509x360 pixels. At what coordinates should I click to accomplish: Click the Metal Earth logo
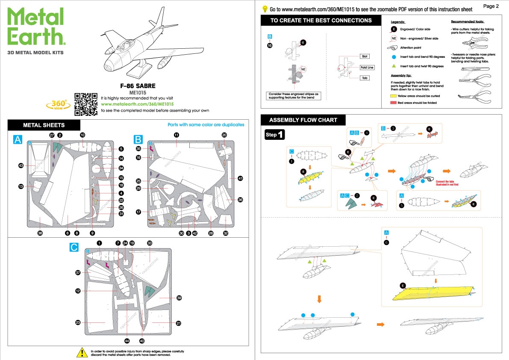pos(36,27)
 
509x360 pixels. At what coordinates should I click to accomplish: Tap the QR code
pos(86,104)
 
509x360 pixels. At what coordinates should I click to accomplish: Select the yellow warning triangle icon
pos(82,352)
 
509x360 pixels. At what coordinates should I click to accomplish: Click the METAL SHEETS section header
pos(44,125)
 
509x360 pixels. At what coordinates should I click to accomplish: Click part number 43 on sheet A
pos(21,165)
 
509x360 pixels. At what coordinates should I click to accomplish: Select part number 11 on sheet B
pos(176,135)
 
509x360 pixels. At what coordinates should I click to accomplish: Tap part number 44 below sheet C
pos(127,341)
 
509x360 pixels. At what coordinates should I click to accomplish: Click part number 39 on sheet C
pos(179,298)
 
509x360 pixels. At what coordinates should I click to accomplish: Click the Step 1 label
pos(274,135)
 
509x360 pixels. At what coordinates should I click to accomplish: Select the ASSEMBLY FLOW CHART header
pos(303,120)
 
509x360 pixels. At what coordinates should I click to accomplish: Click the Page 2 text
pos(491,6)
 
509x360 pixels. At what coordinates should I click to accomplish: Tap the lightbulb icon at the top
pos(265,9)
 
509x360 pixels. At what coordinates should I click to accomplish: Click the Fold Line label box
pos(367,68)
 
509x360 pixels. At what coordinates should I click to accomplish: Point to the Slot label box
pos(365,56)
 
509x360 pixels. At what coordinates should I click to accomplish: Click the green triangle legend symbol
pos(393,66)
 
